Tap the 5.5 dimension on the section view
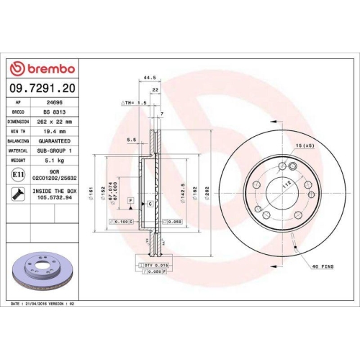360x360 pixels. coord(131,140)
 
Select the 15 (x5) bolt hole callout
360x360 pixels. coord(304,146)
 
